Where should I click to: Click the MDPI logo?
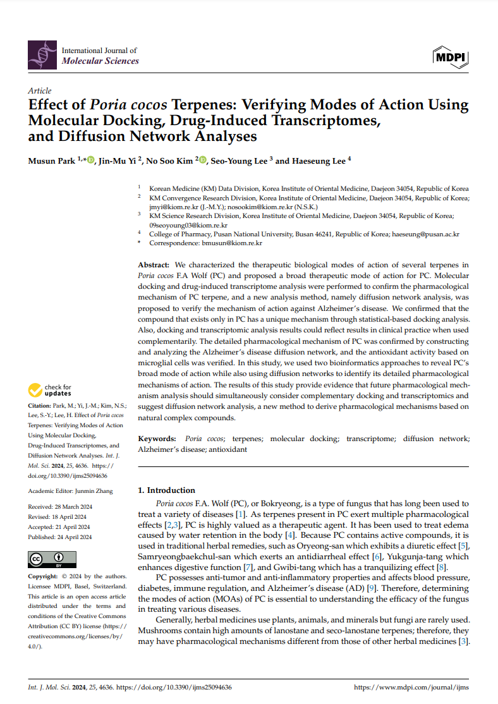coord(450,58)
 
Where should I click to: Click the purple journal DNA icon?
coord(42,55)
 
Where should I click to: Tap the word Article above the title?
coord(40,91)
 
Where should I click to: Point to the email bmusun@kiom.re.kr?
coord(232,243)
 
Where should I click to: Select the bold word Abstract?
coord(154,265)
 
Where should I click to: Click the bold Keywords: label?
coord(157,439)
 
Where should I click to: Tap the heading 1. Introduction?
coord(167,490)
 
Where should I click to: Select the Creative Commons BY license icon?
coord(52,559)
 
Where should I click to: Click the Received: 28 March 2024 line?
coord(59,507)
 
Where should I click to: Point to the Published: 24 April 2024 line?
coord(60,537)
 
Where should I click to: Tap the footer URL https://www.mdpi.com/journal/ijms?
coord(411,687)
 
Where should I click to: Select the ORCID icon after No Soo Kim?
coord(203,161)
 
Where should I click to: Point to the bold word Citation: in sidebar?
coord(42,405)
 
